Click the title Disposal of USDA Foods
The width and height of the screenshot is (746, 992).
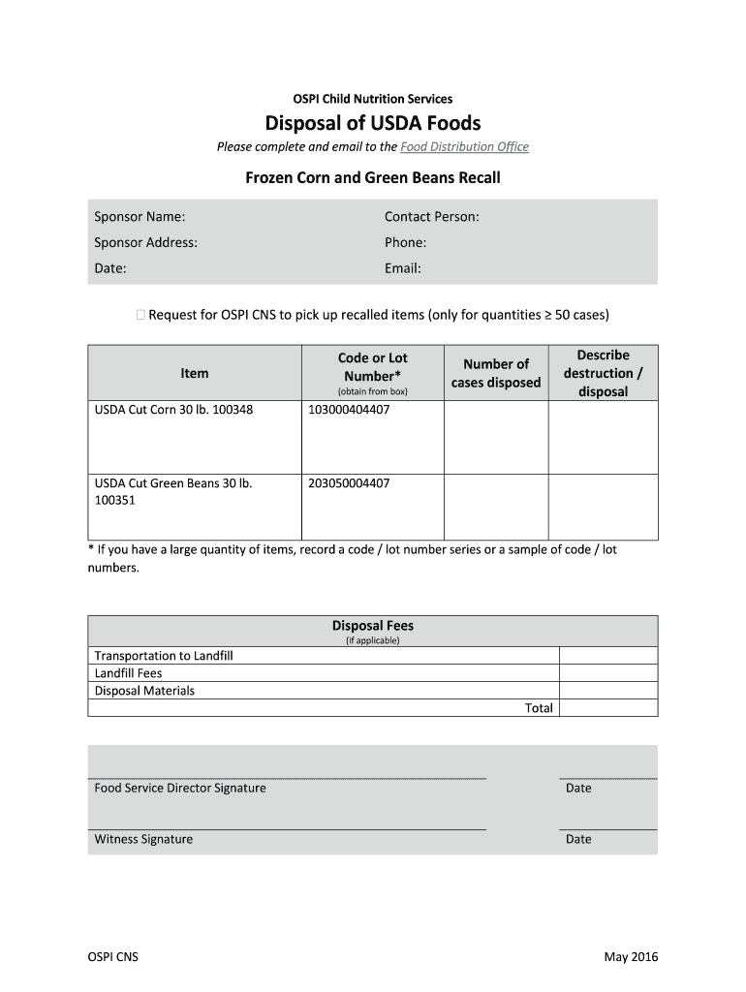373,123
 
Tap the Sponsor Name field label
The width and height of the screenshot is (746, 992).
140,217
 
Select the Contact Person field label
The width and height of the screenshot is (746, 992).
431,217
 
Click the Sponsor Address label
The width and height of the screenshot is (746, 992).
145,243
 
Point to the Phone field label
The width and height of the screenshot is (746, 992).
405,243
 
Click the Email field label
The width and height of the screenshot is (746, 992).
402,269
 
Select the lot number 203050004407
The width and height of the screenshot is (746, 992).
349,482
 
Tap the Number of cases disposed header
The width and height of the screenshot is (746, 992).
495,373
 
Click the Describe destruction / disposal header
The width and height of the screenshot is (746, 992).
603,373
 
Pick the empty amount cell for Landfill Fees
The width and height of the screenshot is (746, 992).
608,673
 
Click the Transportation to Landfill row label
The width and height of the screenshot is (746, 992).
164,656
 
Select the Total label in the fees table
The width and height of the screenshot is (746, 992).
539,708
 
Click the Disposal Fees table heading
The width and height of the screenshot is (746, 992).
373,626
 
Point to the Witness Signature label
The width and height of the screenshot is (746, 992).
143,839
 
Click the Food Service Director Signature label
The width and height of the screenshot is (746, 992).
180,788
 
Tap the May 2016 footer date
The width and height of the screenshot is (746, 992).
631,957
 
